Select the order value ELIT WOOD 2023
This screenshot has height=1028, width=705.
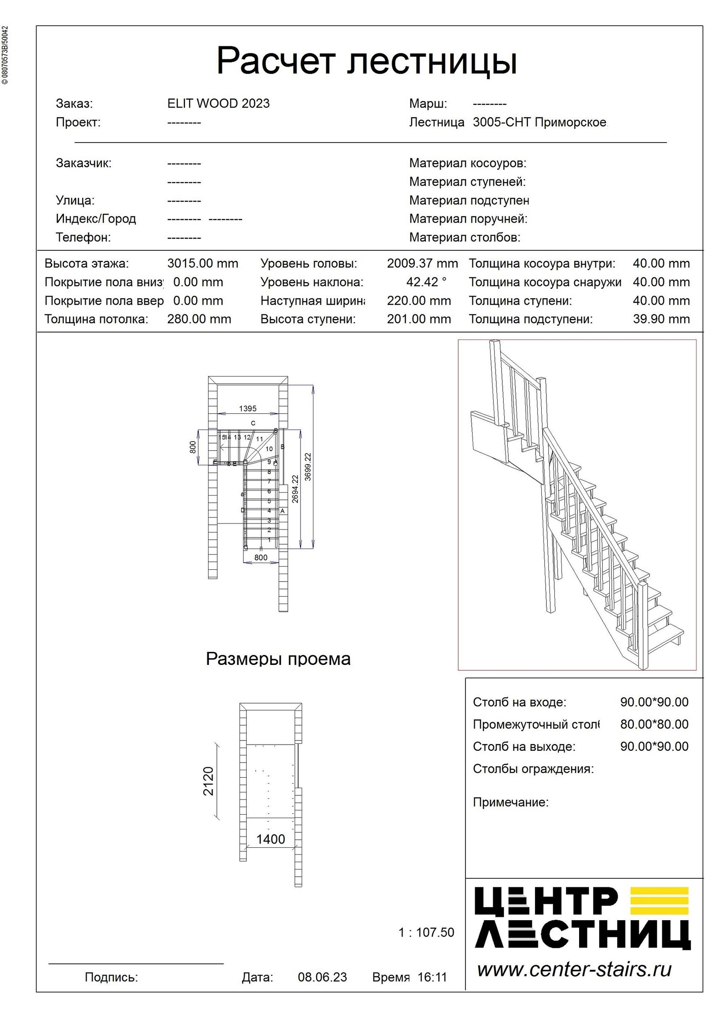pyautogui.click(x=218, y=104)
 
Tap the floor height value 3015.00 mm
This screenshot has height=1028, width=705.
pyautogui.click(x=202, y=264)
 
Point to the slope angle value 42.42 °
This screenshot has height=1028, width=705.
pyautogui.click(x=426, y=282)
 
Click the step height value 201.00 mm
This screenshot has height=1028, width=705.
pyautogui.click(x=418, y=319)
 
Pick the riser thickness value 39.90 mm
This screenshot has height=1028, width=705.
pyautogui.click(x=661, y=319)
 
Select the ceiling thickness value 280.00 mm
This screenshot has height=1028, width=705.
pyautogui.click(x=199, y=319)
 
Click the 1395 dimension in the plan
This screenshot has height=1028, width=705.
pyautogui.click(x=248, y=409)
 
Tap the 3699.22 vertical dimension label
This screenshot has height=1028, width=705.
pyautogui.click(x=308, y=467)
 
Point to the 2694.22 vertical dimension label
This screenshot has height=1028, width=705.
pyautogui.click(x=295, y=489)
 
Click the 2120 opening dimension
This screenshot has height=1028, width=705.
pyautogui.click(x=208, y=781)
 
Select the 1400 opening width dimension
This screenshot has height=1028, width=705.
pyautogui.click(x=271, y=839)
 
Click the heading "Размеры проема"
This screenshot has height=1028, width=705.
pyautogui.click(x=278, y=659)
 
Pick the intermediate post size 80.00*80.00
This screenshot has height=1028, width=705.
pyautogui.click(x=654, y=724)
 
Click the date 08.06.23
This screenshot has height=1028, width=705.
pyautogui.click(x=322, y=977)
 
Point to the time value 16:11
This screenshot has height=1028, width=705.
pyautogui.click(x=432, y=977)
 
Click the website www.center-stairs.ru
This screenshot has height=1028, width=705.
pyautogui.click(x=574, y=970)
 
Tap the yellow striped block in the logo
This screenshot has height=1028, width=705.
pyautogui.click(x=659, y=900)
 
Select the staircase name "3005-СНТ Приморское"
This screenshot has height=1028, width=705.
pyautogui.click(x=539, y=122)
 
